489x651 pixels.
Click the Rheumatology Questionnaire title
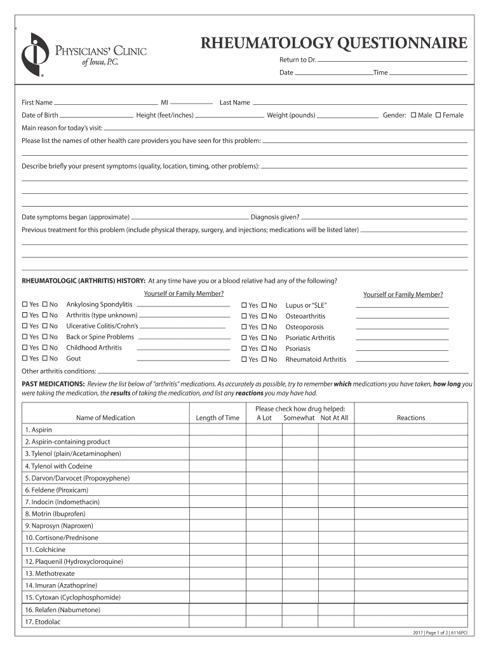(334, 43)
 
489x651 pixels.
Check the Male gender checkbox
(413, 115)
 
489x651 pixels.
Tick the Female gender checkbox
(438, 115)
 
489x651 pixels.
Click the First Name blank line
(106, 103)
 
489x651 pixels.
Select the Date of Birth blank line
(97, 116)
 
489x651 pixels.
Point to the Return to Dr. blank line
(392, 60)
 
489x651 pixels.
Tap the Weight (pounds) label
(291, 115)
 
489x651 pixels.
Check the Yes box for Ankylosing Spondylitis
(25, 305)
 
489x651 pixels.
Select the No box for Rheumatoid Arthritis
(264, 360)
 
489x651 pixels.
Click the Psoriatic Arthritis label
(310, 338)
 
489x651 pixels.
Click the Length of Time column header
(218, 418)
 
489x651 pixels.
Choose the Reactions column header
(411, 418)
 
